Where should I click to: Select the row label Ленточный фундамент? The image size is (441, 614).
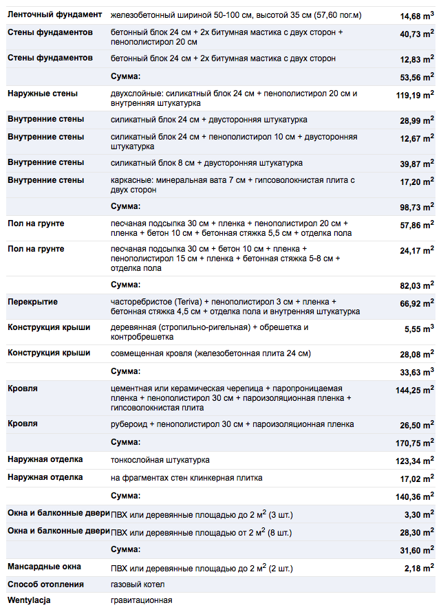tap(55, 14)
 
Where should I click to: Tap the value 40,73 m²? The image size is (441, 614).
tap(415, 34)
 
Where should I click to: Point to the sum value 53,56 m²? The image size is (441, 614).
tap(415, 77)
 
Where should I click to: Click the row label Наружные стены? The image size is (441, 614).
tap(43, 94)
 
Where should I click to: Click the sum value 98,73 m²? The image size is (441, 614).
tap(415, 207)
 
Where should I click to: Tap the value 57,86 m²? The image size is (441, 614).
tap(415, 225)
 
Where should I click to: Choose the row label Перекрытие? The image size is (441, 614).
tap(32, 302)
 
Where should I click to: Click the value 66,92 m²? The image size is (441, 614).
tap(415, 303)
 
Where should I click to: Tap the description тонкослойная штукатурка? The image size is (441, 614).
tap(160, 459)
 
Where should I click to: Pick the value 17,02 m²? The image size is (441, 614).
tap(415, 479)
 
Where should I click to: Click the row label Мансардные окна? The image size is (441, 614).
tap(44, 567)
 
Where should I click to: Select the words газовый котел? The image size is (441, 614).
tap(138, 584)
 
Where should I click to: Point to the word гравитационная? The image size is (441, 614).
tap(142, 600)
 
